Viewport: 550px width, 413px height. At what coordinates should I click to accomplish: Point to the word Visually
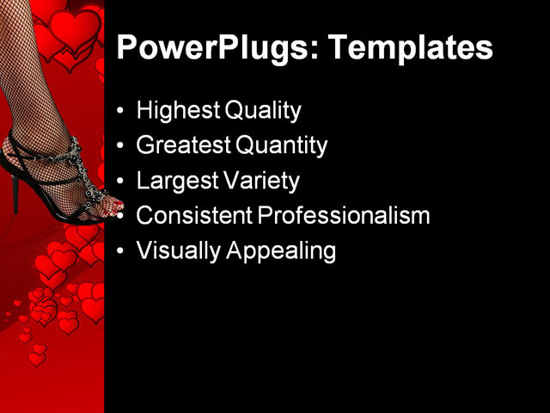click(x=174, y=251)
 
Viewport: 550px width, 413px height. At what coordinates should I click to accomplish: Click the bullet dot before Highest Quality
click(x=119, y=111)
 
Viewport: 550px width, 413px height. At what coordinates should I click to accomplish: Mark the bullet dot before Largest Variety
click(x=119, y=182)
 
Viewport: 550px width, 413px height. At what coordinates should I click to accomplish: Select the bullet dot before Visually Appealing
click(x=119, y=252)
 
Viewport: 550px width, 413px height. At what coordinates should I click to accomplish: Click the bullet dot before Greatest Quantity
click(x=119, y=146)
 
